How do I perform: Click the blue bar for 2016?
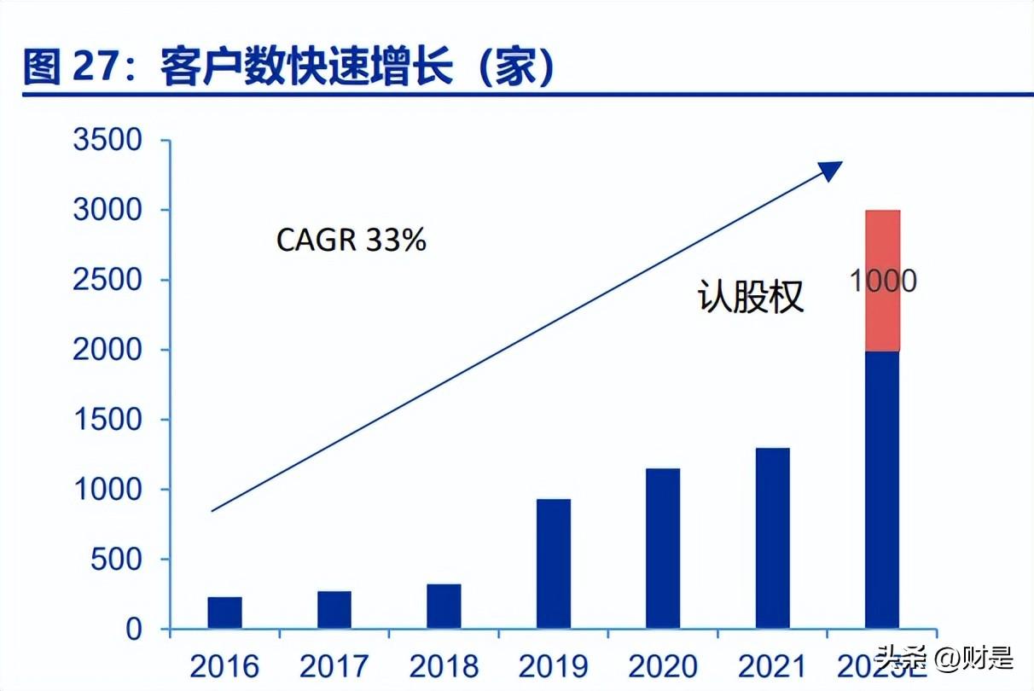point(225,613)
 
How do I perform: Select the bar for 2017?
point(334,610)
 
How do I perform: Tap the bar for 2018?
point(444,607)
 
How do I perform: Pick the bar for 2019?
point(554,564)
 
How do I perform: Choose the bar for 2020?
point(663,549)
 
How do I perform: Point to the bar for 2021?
point(772,538)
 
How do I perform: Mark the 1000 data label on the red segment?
point(882,281)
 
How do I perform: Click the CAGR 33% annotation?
point(351,241)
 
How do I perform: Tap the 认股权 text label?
point(751,296)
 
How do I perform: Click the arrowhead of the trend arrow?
point(830,170)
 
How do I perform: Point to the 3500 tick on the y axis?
point(107,141)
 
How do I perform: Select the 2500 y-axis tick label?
point(107,281)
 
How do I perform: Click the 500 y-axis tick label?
point(119,560)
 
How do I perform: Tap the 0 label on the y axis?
point(133,630)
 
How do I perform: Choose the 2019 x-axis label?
point(554,666)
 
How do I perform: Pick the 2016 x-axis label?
point(225,666)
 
